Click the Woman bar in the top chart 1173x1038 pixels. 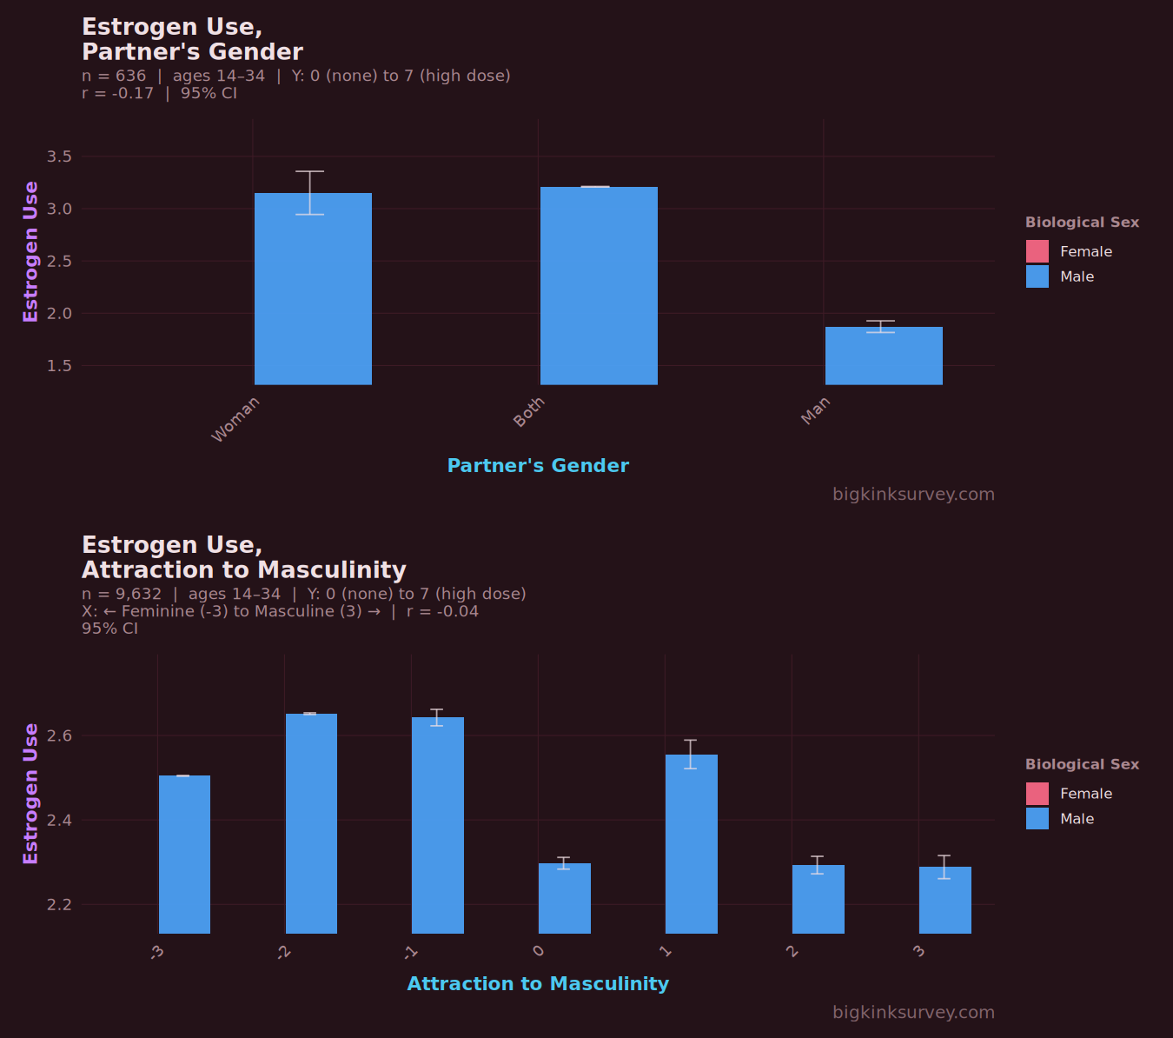(x=313, y=289)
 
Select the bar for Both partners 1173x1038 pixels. (x=599, y=286)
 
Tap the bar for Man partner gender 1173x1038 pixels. (x=884, y=356)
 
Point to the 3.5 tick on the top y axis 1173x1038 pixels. (x=59, y=157)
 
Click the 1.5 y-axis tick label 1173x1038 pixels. (x=59, y=366)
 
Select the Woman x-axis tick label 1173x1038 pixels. (x=235, y=419)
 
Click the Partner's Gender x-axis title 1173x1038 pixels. (x=538, y=466)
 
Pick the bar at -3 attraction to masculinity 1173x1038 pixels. (x=184, y=855)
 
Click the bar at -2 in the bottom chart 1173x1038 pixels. (x=311, y=823)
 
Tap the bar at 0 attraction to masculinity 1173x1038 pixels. (x=565, y=898)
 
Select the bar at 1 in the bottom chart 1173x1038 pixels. (x=692, y=844)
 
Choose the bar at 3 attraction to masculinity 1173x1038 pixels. (x=945, y=900)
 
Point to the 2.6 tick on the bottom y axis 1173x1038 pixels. (x=59, y=736)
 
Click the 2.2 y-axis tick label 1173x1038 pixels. (x=59, y=905)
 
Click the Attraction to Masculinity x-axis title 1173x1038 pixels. (x=538, y=984)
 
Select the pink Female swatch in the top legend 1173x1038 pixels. (x=1037, y=251)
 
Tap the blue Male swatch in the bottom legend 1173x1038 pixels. (x=1037, y=819)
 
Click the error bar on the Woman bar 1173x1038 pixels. (x=310, y=192)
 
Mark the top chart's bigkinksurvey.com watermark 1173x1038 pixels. (x=913, y=495)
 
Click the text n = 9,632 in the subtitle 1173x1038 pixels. (x=122, y=595)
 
